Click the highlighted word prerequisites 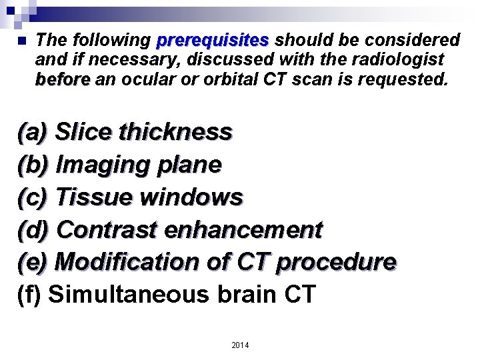(x=212, y=41)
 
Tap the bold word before (x=63, y=81)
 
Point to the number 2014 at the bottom (x=240, y=345)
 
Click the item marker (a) (x=33, y=132)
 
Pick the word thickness (x=175, y=132)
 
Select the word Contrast (x=107, y=230)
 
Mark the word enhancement (x=243, y=230)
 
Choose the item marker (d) (x=33, y=230)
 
